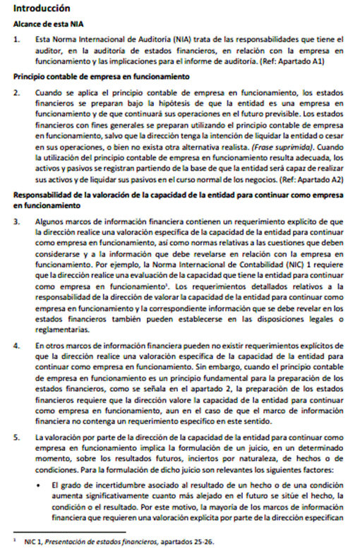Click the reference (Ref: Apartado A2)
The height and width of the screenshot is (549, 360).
coord(311,179)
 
